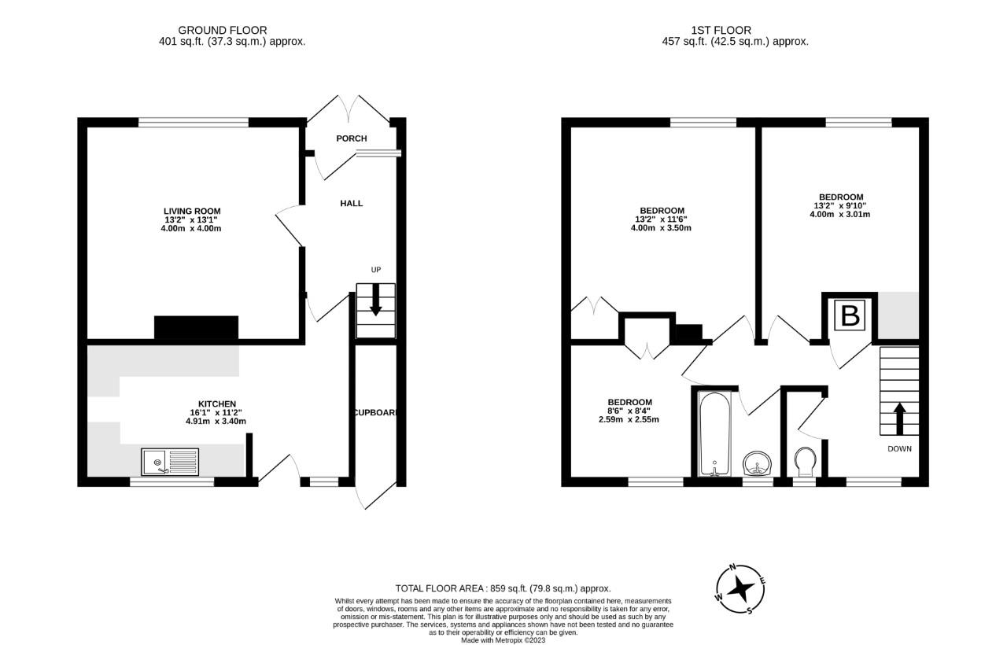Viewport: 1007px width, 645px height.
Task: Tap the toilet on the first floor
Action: click(806, 462)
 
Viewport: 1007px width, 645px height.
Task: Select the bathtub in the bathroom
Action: click(715, 434)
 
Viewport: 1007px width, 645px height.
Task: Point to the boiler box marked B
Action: click(850, 316)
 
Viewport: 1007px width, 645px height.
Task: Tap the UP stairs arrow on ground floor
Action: click(376, 299)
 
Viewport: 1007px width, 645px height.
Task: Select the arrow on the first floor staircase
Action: click(898, 418)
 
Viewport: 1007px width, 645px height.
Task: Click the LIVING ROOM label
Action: click(192, 211)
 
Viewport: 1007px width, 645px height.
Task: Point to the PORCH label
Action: click(351, 138)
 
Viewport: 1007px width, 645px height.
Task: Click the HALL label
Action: click(351, 203)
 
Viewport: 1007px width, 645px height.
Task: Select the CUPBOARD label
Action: click(376, 413)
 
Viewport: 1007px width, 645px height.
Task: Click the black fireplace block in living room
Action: click(196, 328)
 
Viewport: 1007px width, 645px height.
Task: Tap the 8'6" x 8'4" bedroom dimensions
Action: click(629, 411)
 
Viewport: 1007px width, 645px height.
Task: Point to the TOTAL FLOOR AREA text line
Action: click(503, 588)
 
